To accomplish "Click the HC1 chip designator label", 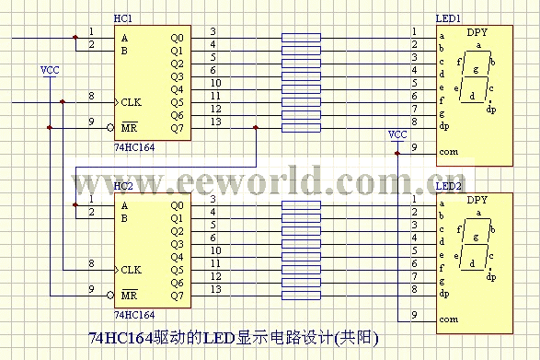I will click(122, 18).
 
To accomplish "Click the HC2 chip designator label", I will click(122, 187).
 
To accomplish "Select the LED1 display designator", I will click(449, 18).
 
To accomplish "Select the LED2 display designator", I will click(449, 187).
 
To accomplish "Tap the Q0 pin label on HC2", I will click(177, 204).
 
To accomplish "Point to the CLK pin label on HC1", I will click(131, 102).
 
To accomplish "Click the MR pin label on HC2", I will click(130, 296).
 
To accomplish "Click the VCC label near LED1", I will click(397, 134).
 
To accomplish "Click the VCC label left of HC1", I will click(50, 70).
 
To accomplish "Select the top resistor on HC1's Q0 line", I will click(302, 38).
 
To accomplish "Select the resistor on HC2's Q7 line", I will click(302, 296).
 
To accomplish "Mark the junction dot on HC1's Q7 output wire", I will click(255, 127).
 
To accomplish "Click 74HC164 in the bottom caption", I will click(121, 338).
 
